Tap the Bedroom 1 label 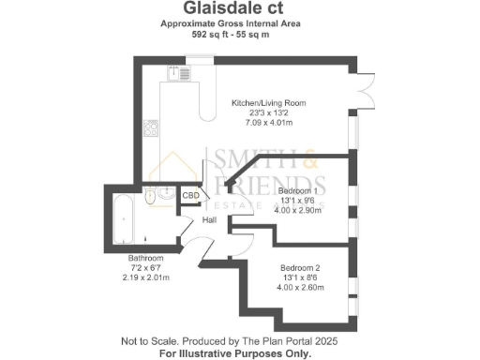(298, 190)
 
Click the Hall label (211, 220)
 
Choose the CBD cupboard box (190, 196)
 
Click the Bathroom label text (146, 258)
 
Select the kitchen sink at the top (174, 72)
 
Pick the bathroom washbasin (163, 193)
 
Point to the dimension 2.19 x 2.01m (146, 277)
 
